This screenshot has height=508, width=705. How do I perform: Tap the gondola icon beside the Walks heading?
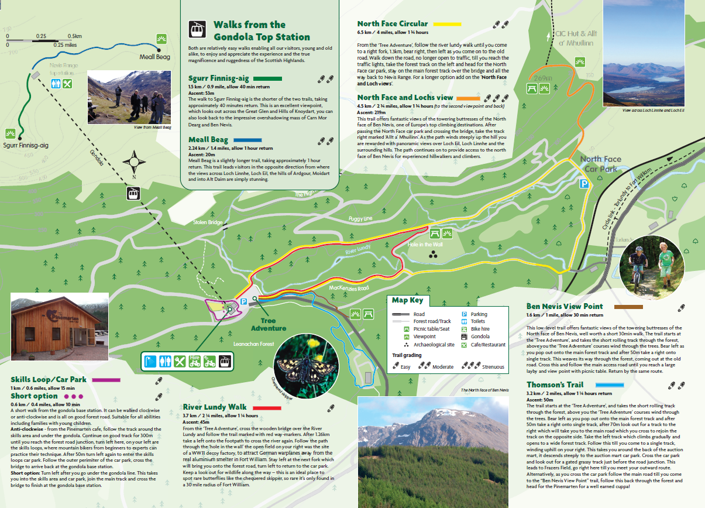(x=197, y=29)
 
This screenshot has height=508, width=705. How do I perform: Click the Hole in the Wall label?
(x=425, y=244)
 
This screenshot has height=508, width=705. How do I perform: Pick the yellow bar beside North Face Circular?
(x=446, y=24)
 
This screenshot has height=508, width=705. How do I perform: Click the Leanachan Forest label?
(x=253, y=344)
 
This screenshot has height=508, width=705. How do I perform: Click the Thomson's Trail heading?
(x=555, y=385)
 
